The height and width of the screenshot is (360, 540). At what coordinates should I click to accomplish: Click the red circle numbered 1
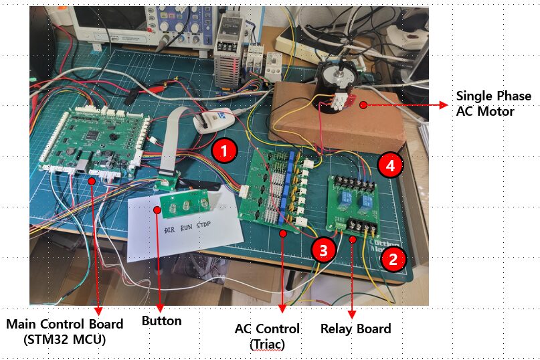pyautogui.click(x=225, y=150)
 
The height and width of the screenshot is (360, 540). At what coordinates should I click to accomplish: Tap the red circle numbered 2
pyautogui.click(x=393, y=259)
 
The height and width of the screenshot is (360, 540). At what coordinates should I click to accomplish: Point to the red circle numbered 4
pyautogui.click(x=389, y=165)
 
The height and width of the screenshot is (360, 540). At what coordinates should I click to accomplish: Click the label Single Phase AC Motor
pyautogui.click(x=493, y=104)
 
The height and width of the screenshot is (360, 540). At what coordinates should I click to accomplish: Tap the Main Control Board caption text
pyautogui.click(x=64, y=331)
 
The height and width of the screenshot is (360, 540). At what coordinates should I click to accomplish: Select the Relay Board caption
pyautogui.click(x=355, y=329)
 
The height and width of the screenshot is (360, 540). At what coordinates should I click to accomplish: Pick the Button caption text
pyautogui.click(x=161, y=321)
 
